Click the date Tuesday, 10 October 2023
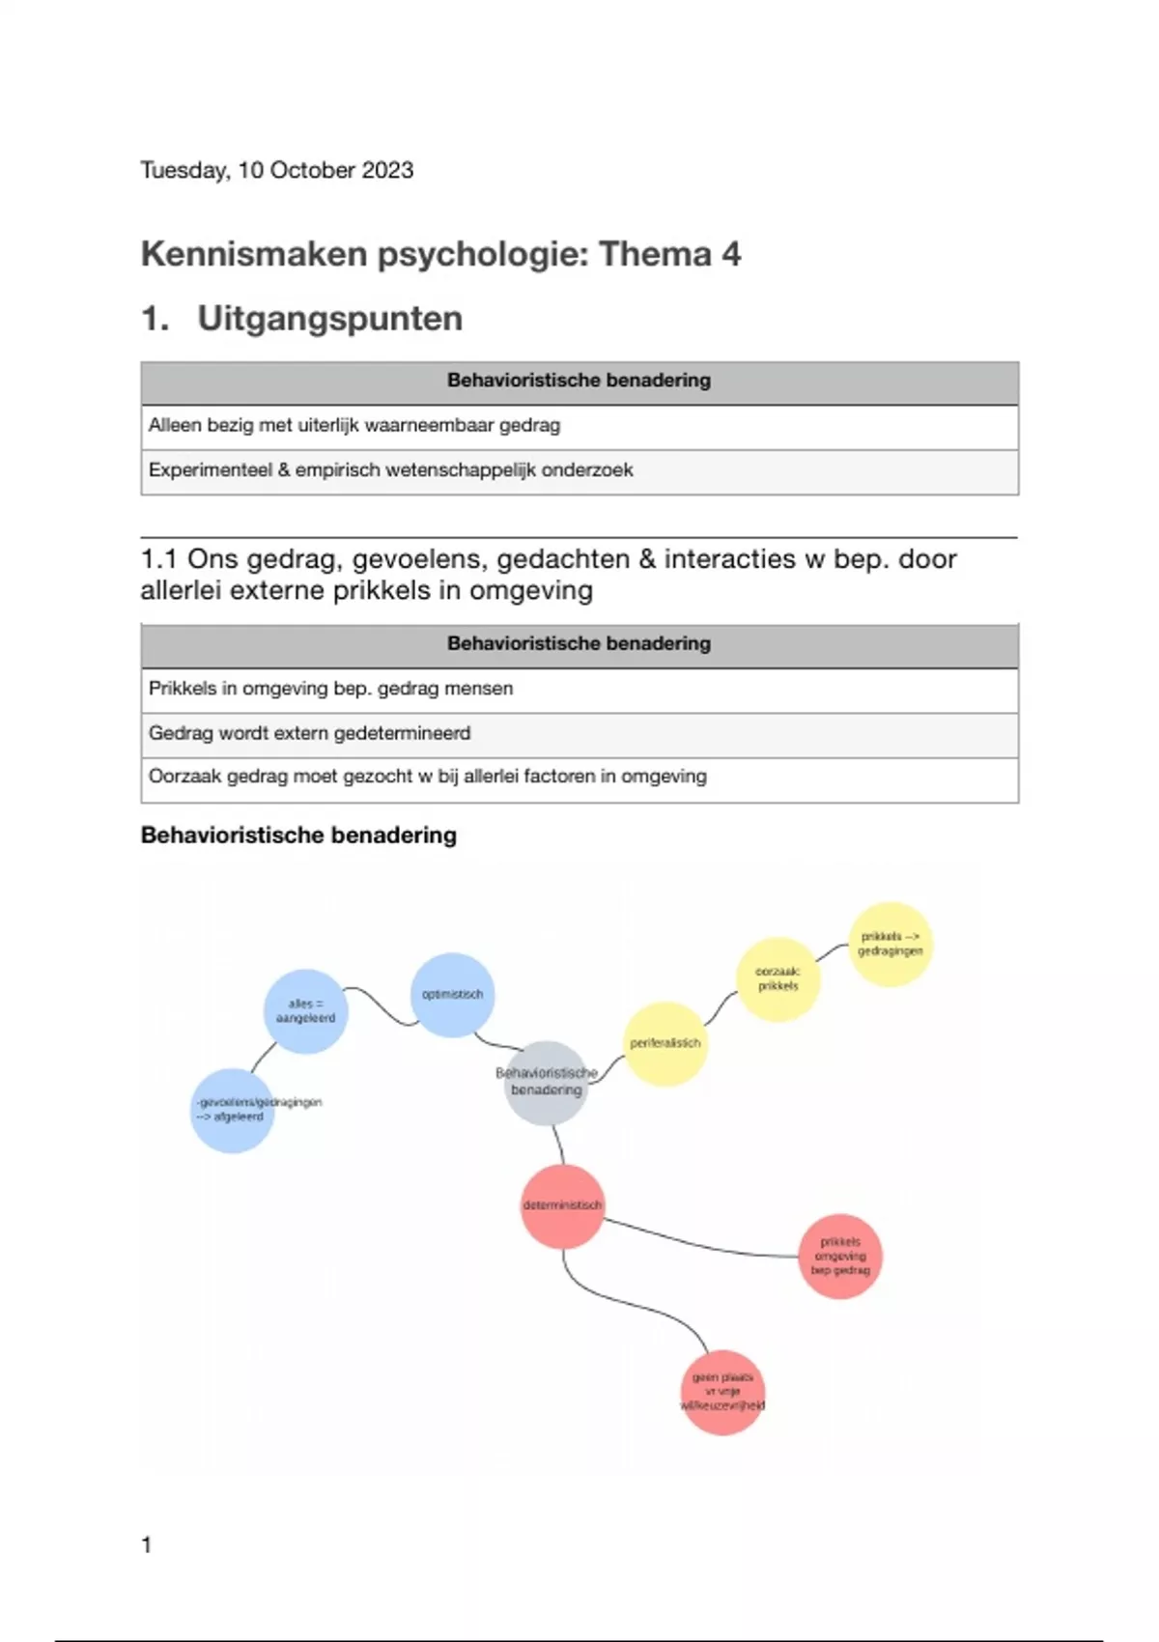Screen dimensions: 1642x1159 pos(277,170)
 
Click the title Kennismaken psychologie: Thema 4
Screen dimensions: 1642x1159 pos(440,254)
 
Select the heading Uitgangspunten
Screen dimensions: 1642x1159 pos(329,319)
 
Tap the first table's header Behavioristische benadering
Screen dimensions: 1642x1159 pos(579,381)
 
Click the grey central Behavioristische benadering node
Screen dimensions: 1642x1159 pos(547,1082)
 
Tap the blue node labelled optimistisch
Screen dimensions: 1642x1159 pos(452,995)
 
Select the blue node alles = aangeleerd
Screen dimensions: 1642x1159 pos(305,1011)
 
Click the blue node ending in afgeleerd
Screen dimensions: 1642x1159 pos(232,1110)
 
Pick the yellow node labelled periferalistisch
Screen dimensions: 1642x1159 pos(664,1043)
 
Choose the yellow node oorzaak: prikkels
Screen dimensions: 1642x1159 pos(777,979)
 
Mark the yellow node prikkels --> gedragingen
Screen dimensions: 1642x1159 pos(890,944)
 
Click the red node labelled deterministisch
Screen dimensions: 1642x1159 pos(562,1205)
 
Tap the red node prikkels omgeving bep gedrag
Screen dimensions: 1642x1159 pos(840,1256)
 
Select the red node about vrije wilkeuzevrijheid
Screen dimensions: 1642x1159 pos(722,1392)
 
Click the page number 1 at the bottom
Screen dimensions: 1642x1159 pos(147,1545)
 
